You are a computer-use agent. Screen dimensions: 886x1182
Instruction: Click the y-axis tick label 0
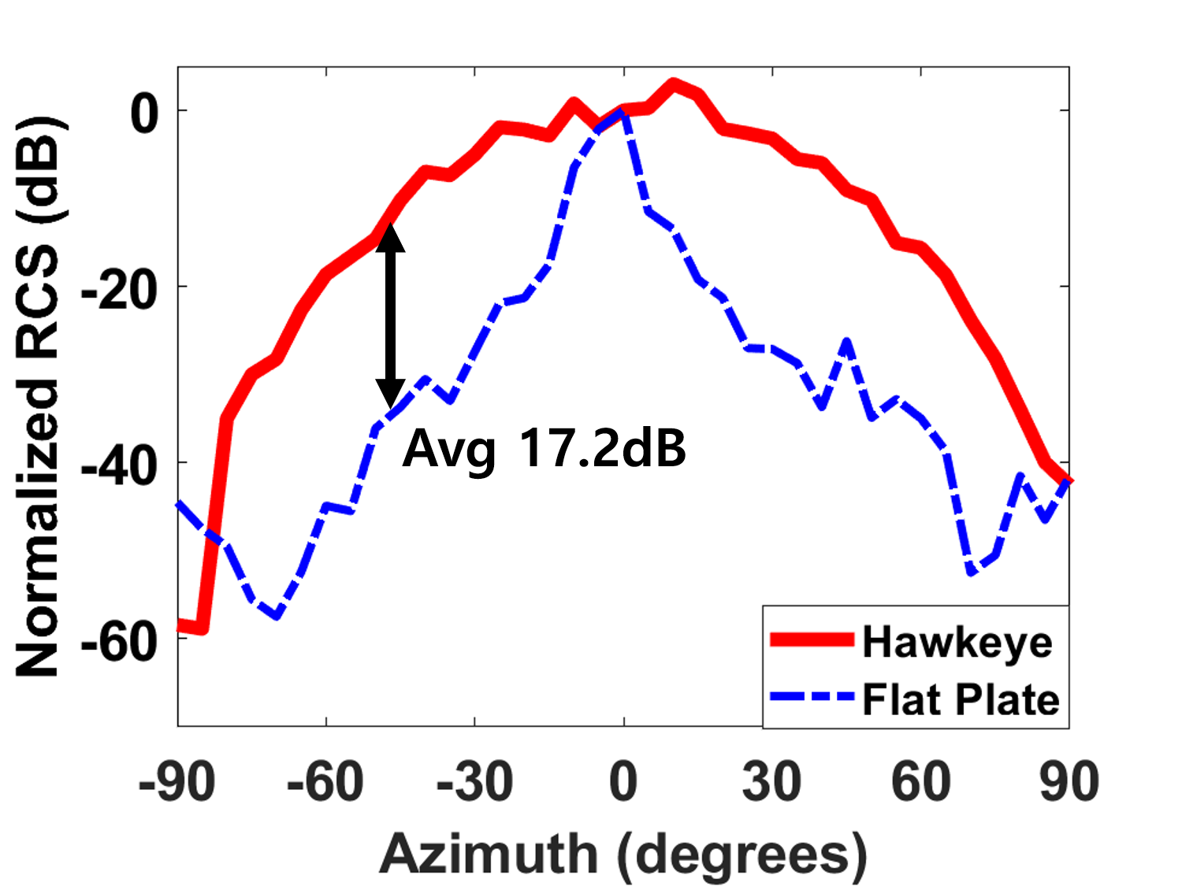click(x=145, y=113)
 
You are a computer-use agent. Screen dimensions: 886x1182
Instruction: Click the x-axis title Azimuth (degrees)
click(x=623, y=854)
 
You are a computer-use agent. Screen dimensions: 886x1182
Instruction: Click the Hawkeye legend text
click(x=957, y=642)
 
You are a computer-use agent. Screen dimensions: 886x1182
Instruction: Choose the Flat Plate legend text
click(x=961, y=699)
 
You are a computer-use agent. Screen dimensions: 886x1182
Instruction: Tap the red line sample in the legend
click(x=812, y=639)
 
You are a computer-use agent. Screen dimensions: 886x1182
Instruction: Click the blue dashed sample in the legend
click(x=812, y=697)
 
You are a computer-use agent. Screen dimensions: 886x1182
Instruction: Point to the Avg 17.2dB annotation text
click(x=544, y=449)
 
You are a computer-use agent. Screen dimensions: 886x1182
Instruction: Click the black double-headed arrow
click(x=390, y=315)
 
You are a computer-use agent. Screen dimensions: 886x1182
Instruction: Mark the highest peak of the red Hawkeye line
click(x=673, y=83)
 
